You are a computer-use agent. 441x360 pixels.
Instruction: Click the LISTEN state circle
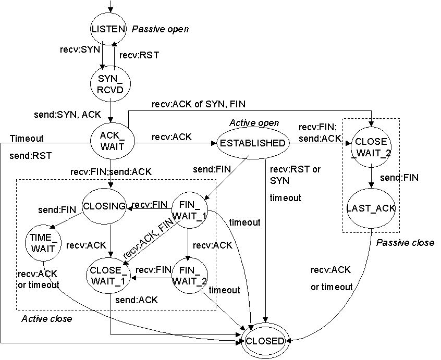[108, 29]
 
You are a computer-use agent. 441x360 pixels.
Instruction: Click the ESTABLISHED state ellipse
[252, 143]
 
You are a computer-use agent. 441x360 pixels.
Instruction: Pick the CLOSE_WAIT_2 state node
[370, 146]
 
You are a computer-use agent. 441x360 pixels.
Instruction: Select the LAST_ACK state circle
[370, 208]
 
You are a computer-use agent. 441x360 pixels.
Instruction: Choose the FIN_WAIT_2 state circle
[186, 276]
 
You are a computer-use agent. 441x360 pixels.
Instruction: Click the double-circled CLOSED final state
[265, 342]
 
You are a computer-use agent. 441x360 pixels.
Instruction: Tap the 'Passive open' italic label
[160, 29]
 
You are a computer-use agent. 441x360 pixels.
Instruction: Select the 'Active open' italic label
[254, 123]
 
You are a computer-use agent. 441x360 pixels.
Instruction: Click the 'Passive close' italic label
[405, 243]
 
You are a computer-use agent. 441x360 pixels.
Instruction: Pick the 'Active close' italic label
[46, 318]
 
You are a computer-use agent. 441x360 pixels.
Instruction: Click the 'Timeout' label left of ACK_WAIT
[26, 139]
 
